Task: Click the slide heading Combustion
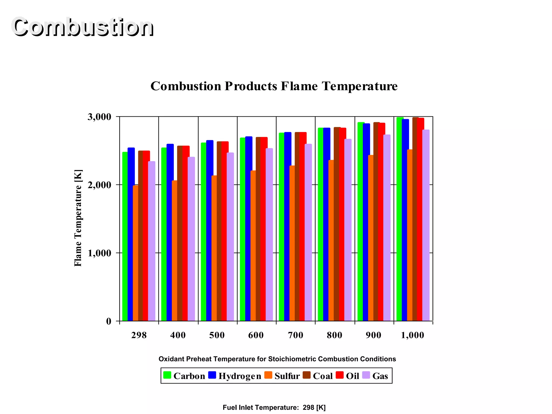point(82,27)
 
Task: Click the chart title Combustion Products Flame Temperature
point(274,86)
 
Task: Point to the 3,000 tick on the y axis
point(99,117)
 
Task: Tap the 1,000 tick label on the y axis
point(99,253)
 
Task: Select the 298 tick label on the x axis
point(139,335)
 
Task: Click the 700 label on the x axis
point(295,335)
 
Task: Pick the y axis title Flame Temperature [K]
point(78,218)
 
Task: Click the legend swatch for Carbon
point(167,375)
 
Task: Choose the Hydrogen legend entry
point(239,376)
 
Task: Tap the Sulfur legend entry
point(287,376)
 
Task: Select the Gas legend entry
point(380,376)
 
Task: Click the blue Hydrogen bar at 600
point(249,229)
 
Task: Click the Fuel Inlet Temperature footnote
point(274,408)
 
